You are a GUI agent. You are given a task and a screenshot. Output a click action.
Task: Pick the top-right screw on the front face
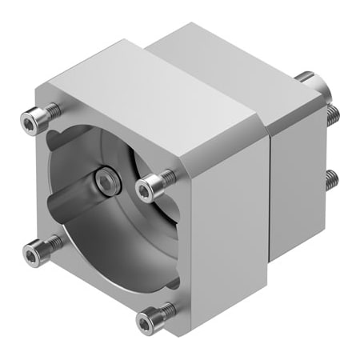point(147,188)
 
